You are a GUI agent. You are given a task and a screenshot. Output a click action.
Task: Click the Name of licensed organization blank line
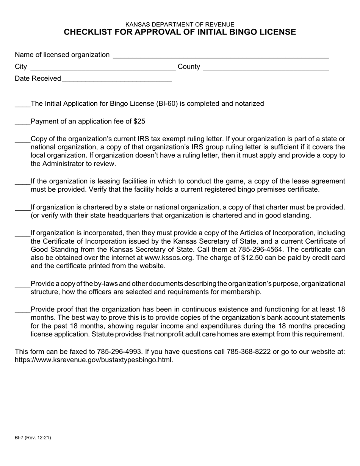(x=221, y=55)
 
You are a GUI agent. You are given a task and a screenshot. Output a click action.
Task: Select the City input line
(x=102, y=67)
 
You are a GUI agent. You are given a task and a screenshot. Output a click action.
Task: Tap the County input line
(x=266, y=67)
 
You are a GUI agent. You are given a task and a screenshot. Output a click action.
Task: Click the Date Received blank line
(x=116, y=79)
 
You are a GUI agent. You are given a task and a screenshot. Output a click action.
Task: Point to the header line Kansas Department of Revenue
(x=180, y=24)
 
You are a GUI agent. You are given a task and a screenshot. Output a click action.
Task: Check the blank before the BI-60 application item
(x=22, y=105)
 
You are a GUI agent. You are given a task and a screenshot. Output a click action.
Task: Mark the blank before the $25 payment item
(x=22, y=122)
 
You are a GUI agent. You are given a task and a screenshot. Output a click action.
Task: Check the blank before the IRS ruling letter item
(x=22, y=140)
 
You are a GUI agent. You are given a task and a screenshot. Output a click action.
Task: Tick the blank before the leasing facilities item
(x=22, y=182)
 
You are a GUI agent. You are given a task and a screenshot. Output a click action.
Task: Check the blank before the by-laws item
(x=22, y=285)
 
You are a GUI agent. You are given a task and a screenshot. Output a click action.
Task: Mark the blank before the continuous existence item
(x=22, y=310)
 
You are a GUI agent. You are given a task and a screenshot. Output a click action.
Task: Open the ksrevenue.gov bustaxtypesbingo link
(x=94, y=360)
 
